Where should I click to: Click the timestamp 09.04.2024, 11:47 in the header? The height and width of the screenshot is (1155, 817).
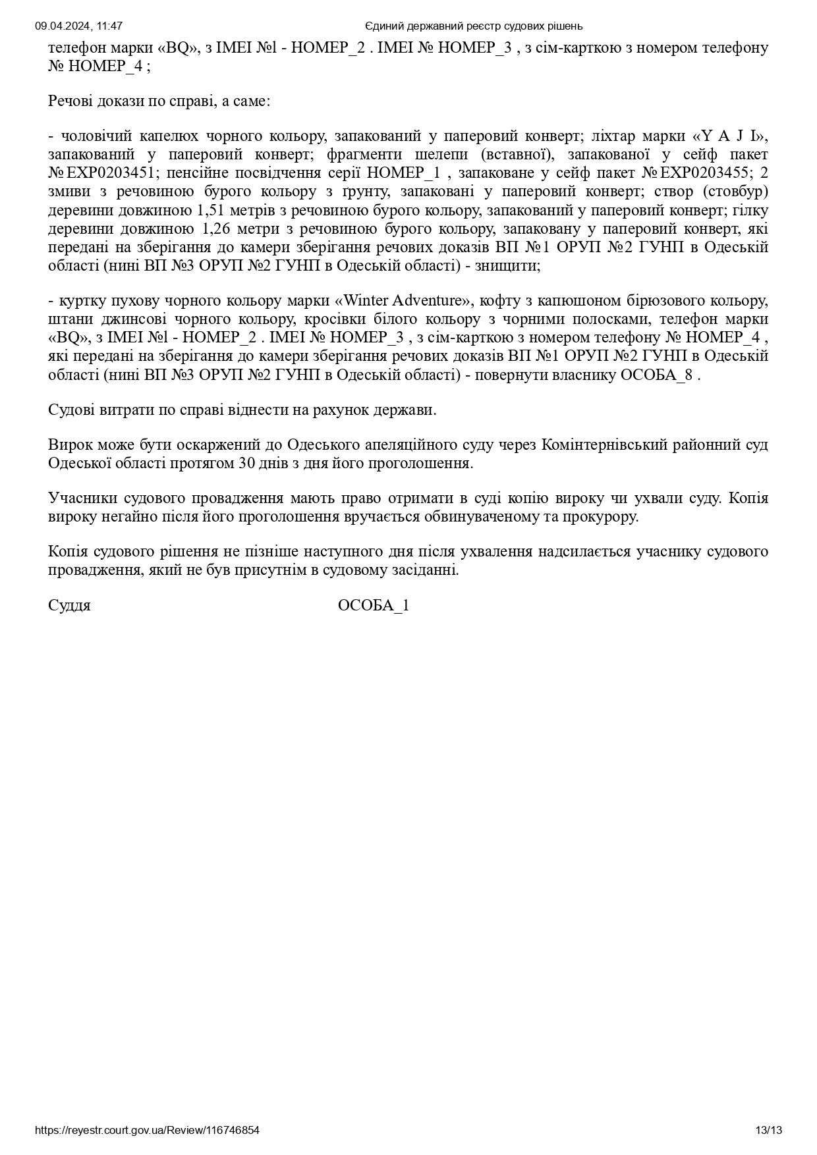click(78, 26)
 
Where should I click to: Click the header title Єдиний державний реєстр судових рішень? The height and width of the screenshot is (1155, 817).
click(474, 26)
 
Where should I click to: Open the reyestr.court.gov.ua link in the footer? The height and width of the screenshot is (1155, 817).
click(147, 1131)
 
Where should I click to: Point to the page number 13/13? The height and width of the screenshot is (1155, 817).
click(769, 1131)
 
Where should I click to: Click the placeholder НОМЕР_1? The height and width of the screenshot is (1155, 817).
click(403, 173)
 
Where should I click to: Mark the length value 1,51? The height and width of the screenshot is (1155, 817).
click(211, 211)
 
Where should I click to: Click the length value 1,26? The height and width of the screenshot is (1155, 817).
click(211, 229)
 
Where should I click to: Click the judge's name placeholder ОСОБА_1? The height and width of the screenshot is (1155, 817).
click(374, 606)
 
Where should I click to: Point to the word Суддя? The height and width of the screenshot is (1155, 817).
click(69, 606)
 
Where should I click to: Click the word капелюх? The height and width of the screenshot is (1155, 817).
click(172, 136)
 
